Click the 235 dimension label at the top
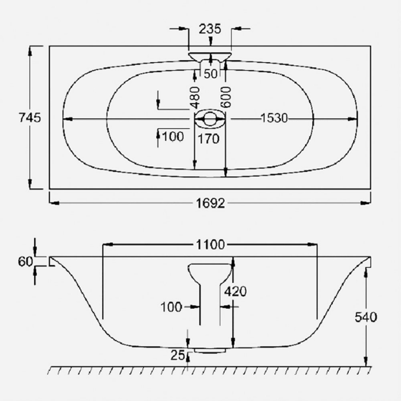pos(210,29)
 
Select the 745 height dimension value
pos(29,118)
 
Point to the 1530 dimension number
pos(274,118)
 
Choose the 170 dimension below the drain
pos(209,138)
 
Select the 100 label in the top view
pos(173,136)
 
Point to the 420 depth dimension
pos(235,291)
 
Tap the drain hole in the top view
pos(210,119)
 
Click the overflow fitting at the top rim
pos(210,55)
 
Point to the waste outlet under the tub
pos(210,349)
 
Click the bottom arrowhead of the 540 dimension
pos(367,363)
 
